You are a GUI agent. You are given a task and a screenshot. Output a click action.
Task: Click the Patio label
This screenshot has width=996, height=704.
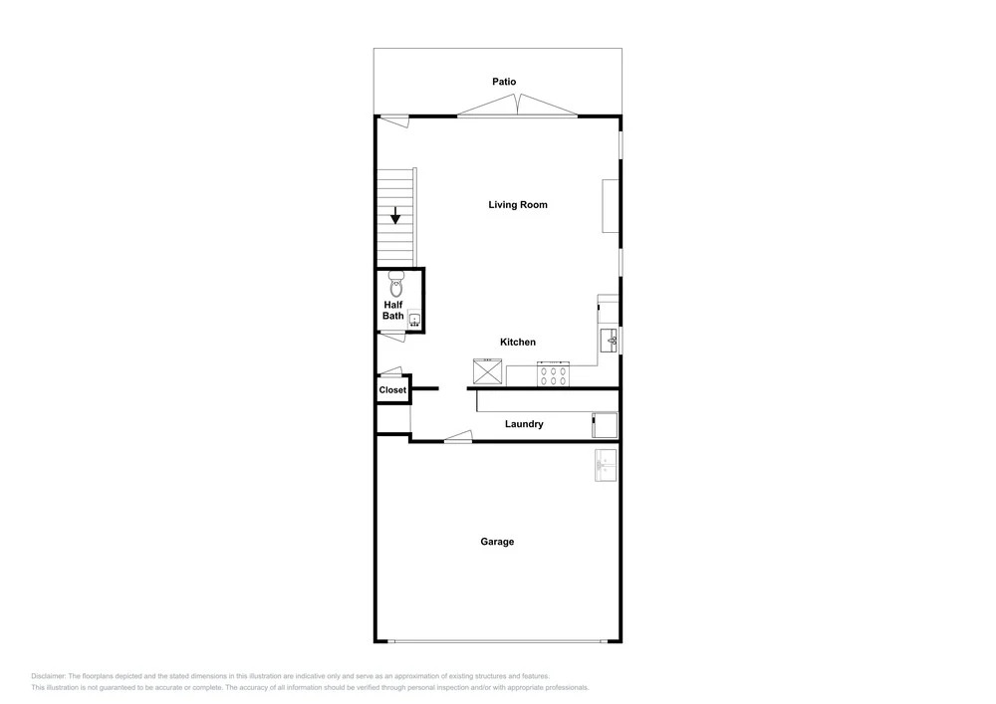(x=504, y=82)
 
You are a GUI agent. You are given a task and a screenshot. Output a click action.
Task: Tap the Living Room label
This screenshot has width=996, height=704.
(x=518, y=204)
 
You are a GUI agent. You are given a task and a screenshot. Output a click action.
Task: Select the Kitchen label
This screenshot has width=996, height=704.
(x=518, y=342)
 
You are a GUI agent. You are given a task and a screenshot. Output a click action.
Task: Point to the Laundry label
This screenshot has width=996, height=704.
(x=524, y=424)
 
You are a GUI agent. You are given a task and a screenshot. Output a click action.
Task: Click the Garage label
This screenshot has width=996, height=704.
(x=497, y=542)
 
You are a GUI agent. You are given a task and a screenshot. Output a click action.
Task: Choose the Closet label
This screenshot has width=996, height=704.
(x=392, y=389)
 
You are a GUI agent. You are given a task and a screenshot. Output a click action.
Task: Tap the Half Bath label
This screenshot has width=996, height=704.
(x=393, y=311)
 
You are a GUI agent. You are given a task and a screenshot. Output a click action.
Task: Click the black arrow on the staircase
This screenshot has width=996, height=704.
(x=395, y=215)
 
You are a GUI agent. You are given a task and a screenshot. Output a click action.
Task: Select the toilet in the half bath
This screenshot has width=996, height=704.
(x=395, y=285)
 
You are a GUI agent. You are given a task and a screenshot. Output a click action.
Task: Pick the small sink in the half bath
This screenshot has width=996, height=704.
(x=414, y=320)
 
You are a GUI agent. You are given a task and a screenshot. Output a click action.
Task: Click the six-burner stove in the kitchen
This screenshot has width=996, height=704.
(x=554, y=373)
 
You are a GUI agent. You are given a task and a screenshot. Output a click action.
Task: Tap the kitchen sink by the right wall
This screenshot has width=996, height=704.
(x=610, y=341)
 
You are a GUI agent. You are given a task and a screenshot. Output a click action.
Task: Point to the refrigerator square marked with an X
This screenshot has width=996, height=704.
(x=487, y=371)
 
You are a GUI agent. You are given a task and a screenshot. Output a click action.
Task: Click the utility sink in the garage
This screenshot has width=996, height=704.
(x=606, y=465)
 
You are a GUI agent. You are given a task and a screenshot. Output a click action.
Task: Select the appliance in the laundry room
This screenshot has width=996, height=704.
(x=605, y=425)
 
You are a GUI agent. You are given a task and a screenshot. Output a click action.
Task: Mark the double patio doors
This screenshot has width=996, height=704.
(x=518, y=106)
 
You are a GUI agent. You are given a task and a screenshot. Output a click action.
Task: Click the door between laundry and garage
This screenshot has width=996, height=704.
(x=458, y=436)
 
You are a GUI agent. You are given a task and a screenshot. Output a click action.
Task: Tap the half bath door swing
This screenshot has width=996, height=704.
(x=391, y=338)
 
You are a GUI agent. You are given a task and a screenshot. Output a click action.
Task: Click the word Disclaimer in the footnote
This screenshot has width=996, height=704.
(x=48, y=676)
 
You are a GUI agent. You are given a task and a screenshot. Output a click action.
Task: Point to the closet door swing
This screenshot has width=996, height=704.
(x=390, y=371)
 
